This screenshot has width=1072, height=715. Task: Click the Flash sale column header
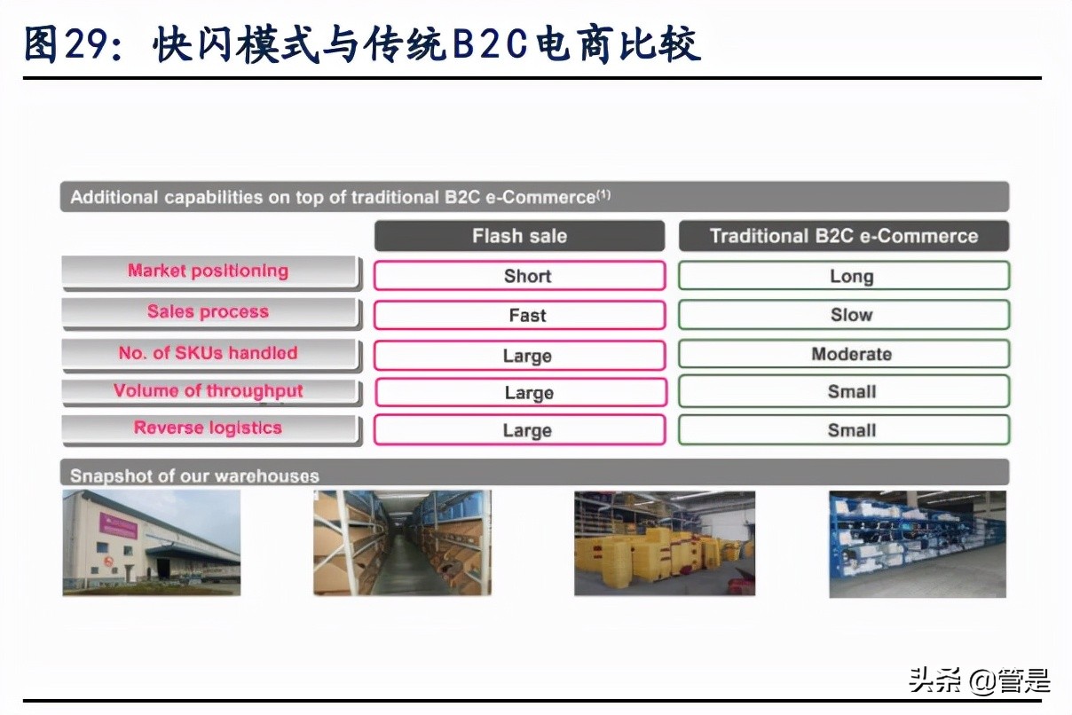coord(519,236)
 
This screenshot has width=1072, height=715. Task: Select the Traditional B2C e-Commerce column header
coord(843,236)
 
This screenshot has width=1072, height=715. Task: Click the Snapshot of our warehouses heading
coord(194,475)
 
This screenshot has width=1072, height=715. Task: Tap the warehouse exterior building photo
coord(152,542)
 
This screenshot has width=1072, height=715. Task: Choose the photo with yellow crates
coord(664,542)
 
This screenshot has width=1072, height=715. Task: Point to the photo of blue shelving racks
coord(918,543)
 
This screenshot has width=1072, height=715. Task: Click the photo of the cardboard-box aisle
coord(401,542)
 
